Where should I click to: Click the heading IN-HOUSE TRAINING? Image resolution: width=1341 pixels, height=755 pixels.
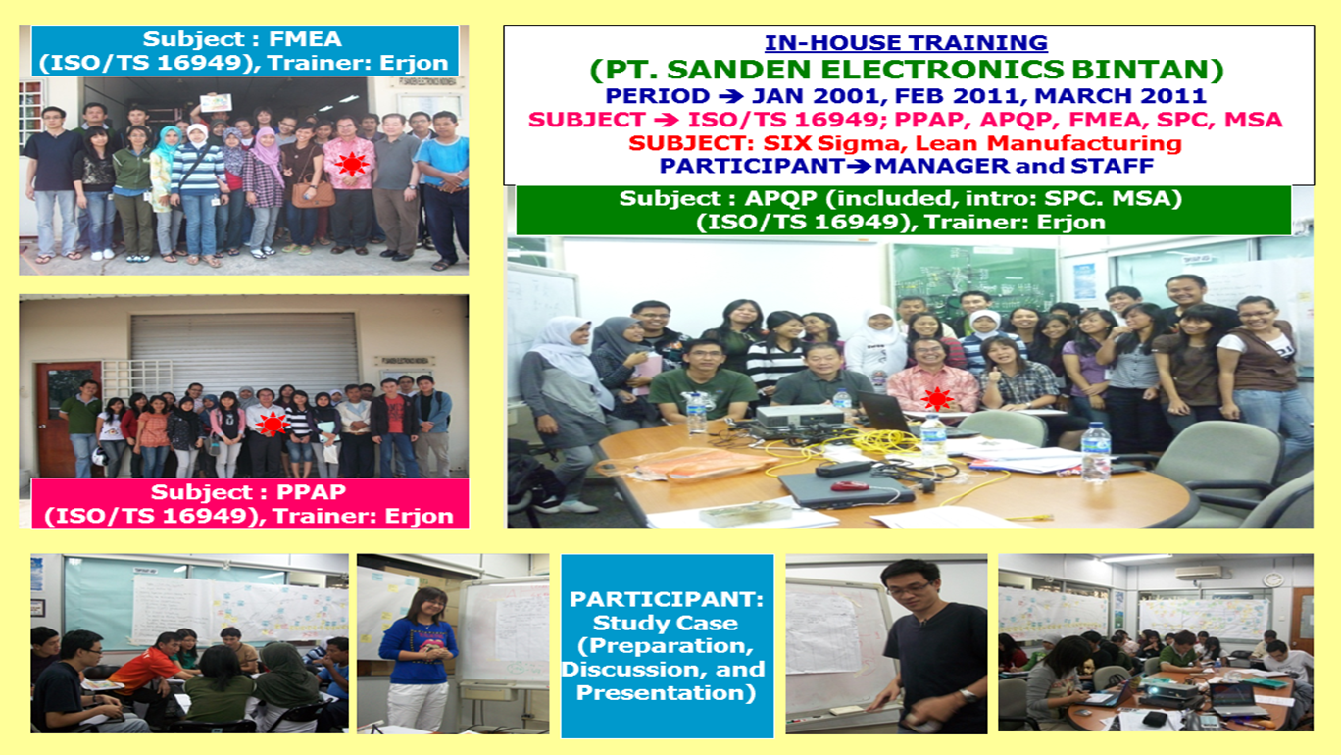[x=906, y=42]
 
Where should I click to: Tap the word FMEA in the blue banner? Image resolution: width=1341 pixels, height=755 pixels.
[x=305, y=39]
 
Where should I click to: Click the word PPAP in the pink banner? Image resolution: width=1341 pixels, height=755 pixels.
[x=311, y=492]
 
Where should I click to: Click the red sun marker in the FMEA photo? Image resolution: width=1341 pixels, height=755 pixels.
[x=351, y=164]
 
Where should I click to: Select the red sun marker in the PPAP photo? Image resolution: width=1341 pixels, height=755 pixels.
[x=273, y=424]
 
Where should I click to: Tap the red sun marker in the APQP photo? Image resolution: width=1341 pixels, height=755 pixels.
[x=937, y=399]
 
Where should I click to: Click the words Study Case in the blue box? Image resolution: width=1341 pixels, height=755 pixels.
[x=665, y=623]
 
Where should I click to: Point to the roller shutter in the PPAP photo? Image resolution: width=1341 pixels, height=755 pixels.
[x=244, y=353]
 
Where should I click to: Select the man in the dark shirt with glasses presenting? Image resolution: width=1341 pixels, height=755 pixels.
[x=932, y=646]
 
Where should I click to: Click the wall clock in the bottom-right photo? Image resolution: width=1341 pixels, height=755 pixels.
[x=1272, y=579]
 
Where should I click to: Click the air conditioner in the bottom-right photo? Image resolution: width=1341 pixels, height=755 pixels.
[x=1199, y=573]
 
